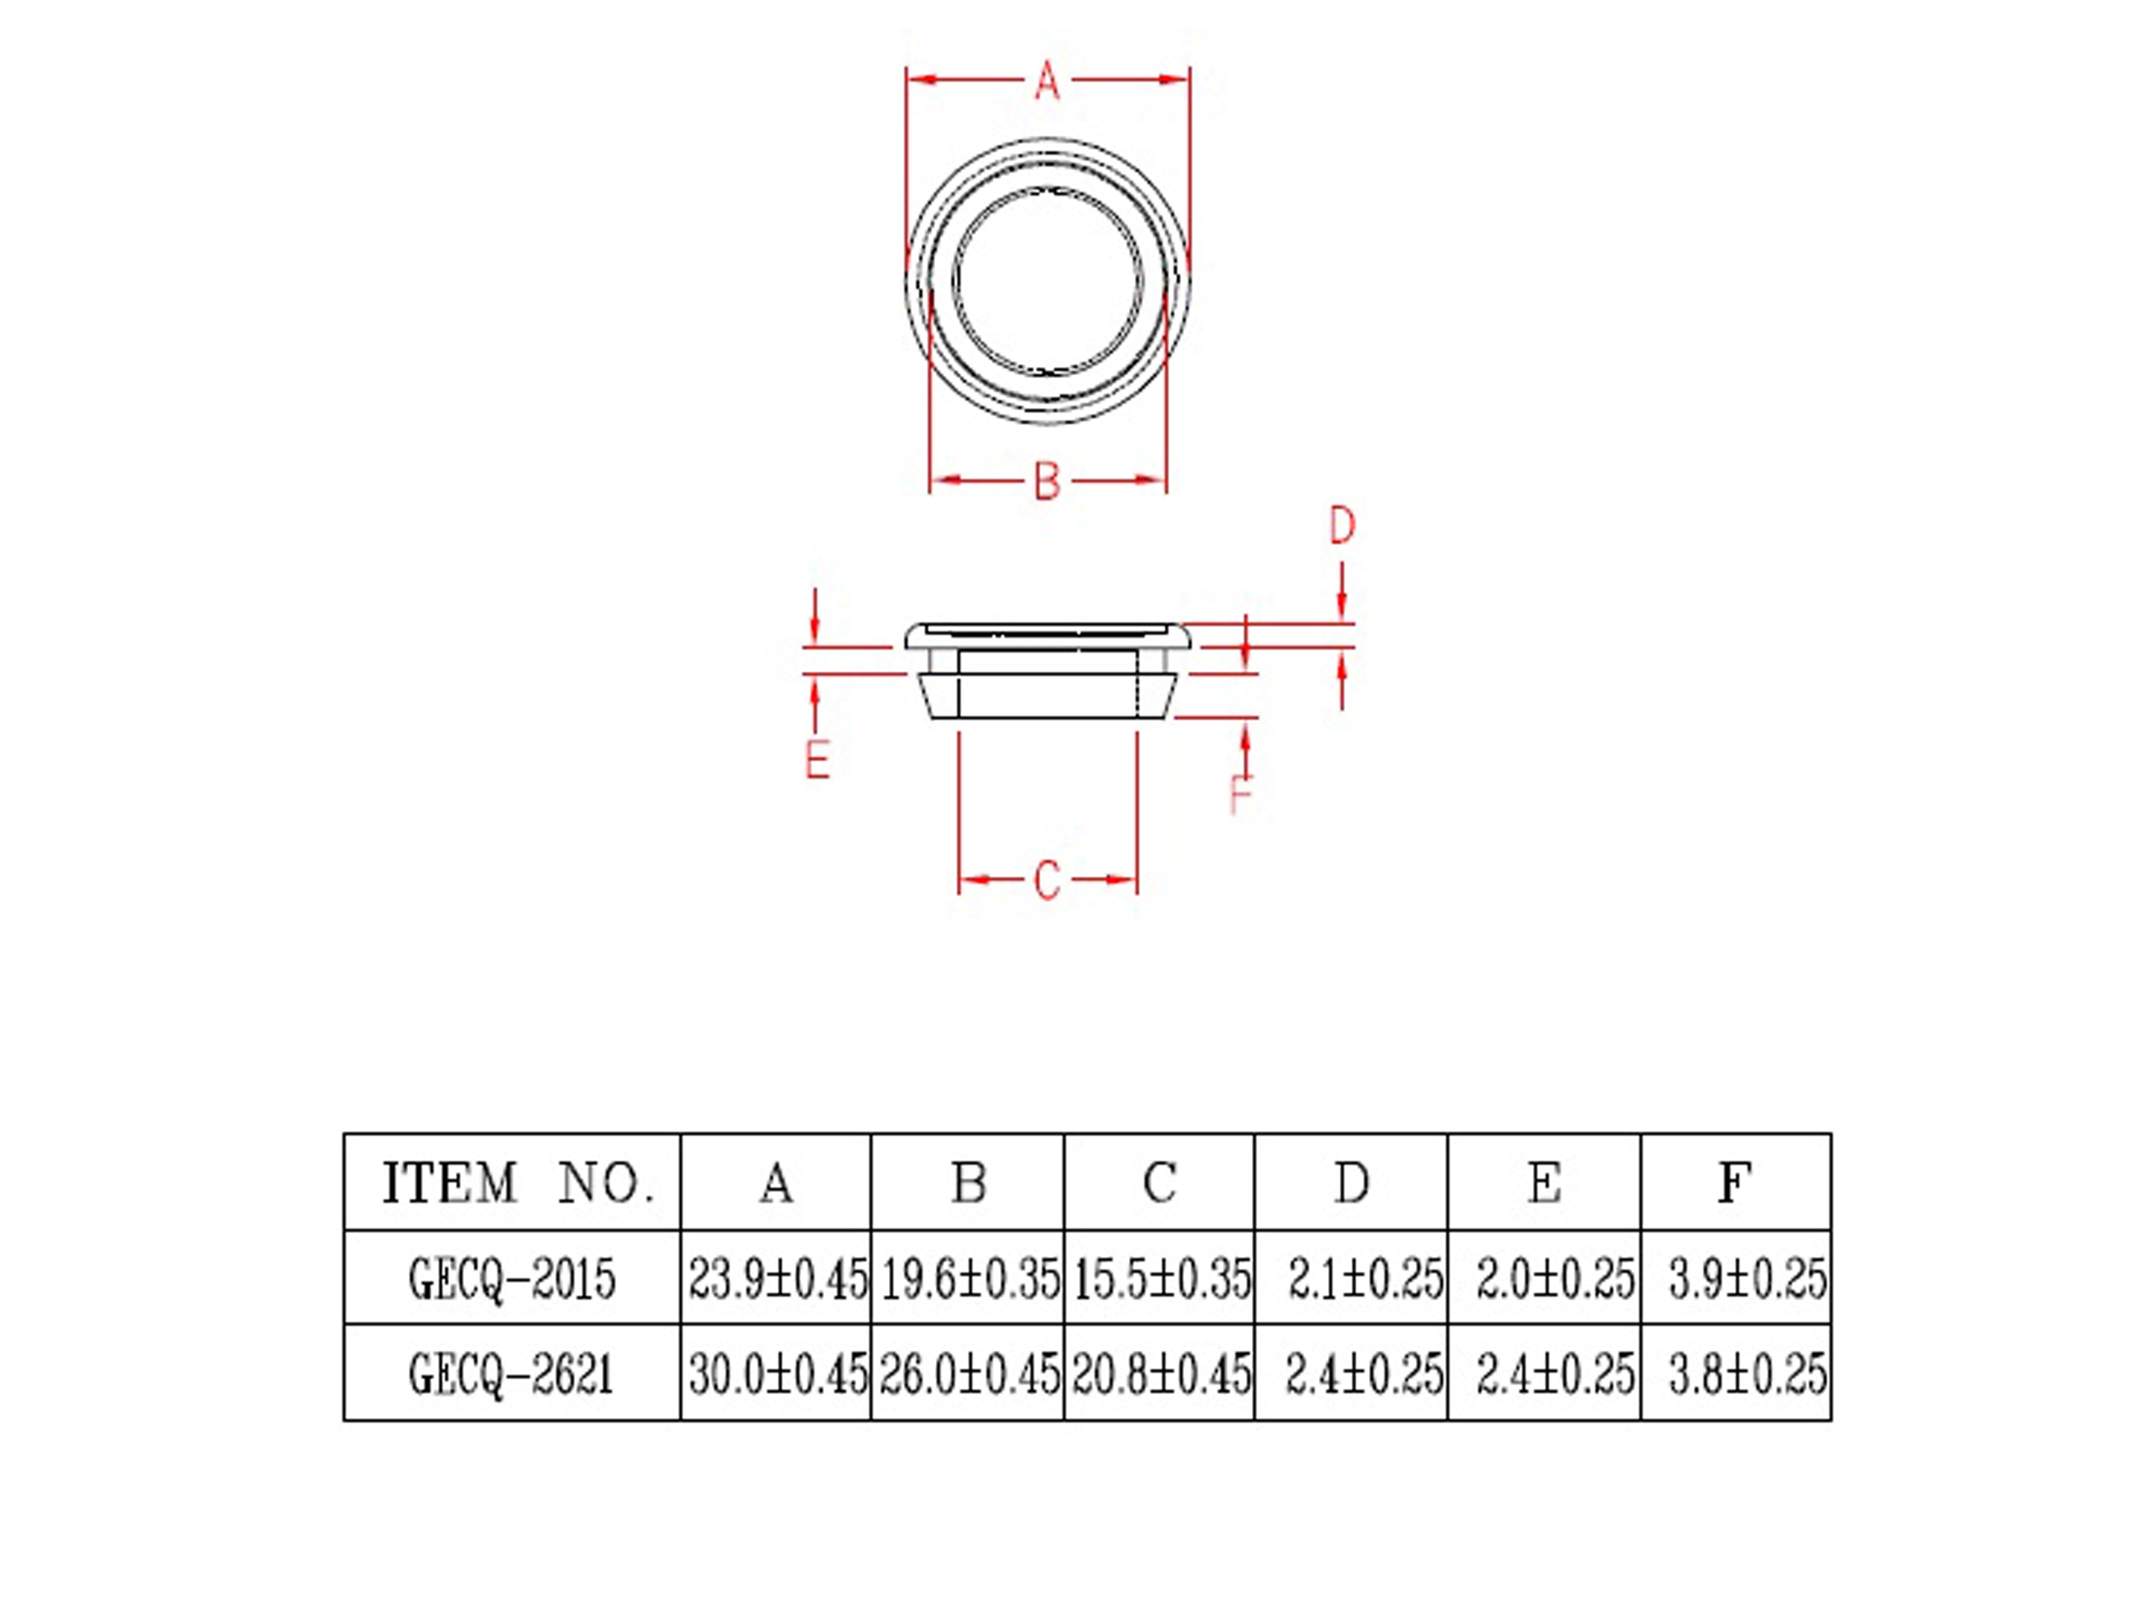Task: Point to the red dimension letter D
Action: pos(1342,525)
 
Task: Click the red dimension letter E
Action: pos(817,760)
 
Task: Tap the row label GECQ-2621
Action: pos(512,1373)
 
